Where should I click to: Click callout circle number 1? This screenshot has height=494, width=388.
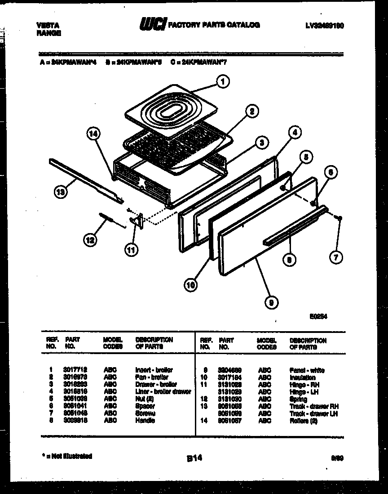tap(222, 82)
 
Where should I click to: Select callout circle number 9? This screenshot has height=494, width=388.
tap(269, 303)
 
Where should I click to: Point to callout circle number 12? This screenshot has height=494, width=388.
tap(90, 240)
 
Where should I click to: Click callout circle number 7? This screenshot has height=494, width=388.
tap(335, 257)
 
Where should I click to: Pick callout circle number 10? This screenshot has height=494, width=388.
tap(190, 284)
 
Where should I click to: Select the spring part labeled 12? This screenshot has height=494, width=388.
tap(110, 220)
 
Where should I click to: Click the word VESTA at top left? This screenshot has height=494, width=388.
tap(47, 26)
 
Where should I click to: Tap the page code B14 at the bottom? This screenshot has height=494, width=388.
tap(194, 458)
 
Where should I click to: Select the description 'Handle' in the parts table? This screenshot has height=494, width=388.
tap(145, 421)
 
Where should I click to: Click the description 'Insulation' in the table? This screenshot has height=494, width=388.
tap(302, 378)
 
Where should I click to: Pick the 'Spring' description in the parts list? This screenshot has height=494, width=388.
tap(298, 399)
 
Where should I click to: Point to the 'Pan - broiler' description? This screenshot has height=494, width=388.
tap(152, 377)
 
